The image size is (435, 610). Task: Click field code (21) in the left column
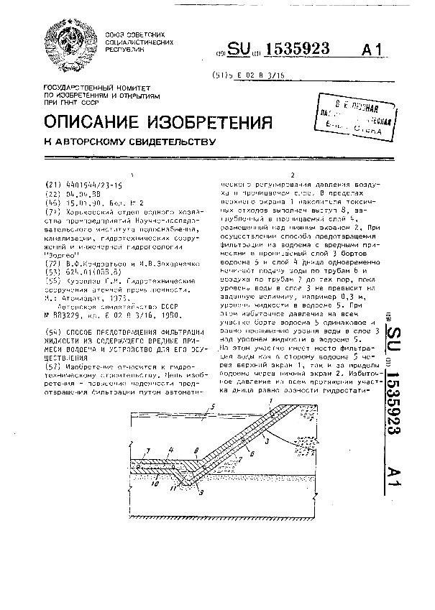click(x=52, y=185)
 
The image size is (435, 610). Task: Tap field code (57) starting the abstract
click(x=52, y=365)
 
